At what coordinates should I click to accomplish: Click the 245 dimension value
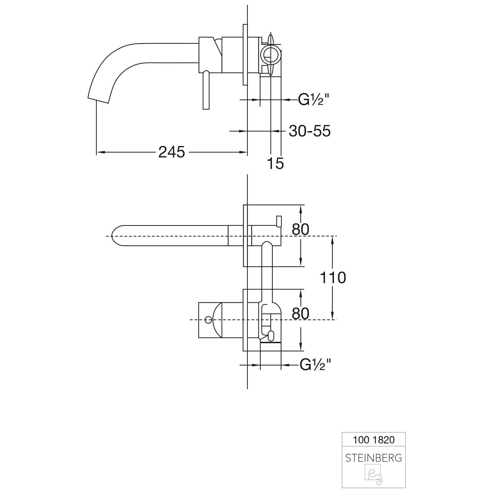click(172, 152)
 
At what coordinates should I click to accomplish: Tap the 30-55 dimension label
click(310, 131)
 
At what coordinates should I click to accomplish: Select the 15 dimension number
click(275, 163)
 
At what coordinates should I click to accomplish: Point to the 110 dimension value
click(333, 278)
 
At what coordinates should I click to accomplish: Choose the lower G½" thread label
click(315, 364)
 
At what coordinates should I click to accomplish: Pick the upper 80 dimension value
click(300, 229)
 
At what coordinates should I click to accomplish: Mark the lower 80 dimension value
click(300, 314)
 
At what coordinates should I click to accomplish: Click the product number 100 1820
click(374, 440)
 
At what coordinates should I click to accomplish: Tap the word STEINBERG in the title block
click(374, 458)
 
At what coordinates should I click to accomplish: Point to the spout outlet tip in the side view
click(98, 100)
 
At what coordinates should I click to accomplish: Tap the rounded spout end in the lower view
click(115, 236)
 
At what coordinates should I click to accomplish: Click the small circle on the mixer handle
click(208, 319)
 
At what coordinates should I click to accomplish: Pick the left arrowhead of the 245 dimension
click(100, 152)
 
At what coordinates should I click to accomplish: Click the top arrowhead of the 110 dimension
click(333, 240)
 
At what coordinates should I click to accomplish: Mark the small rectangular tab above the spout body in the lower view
click(279, 221)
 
